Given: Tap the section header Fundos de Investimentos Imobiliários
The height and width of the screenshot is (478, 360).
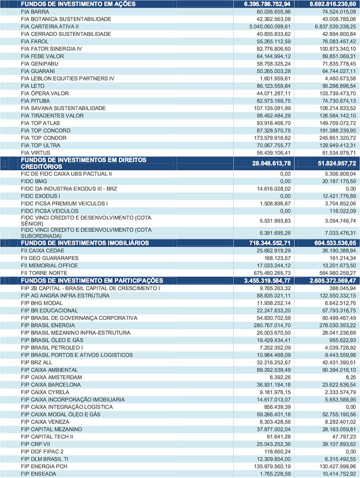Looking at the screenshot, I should coord(79,243).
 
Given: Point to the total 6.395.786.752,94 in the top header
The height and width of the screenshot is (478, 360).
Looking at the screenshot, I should coord(264,4).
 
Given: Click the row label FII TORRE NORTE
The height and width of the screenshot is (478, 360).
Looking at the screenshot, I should coord(44,273).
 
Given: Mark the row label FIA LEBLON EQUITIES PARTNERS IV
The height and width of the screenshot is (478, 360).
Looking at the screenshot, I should coord(67,78).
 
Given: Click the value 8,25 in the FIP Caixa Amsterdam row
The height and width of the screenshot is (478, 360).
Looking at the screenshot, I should coord(348,377).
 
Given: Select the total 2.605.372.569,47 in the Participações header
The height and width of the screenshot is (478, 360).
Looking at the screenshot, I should coord(327,280).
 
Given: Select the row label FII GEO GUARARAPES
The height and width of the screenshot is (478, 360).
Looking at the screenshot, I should coord(49,258).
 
